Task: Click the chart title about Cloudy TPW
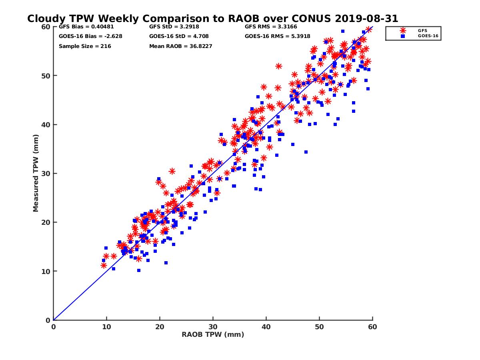[x=212, y=19]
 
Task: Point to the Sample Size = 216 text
[x=85, y=46]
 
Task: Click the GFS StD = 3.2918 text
[x=173, y=27]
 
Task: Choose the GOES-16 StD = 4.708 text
[x=179, y=36]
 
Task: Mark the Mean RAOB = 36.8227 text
[x=180, y=46]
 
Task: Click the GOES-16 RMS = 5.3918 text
[x=276, y=36]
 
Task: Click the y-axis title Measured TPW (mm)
[x=36, y=173]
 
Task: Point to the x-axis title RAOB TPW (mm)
[x=213, y=335]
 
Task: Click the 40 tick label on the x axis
[x=266, y=327]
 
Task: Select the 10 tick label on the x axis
[x=106, y=327]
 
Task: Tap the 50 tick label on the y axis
[x=46, y=76]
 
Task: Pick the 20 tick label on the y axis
[x=46, y=222]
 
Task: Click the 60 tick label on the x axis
[x=372, y=327]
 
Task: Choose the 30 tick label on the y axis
[x=46, y=174]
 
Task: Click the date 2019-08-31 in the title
[x=364, y=19]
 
